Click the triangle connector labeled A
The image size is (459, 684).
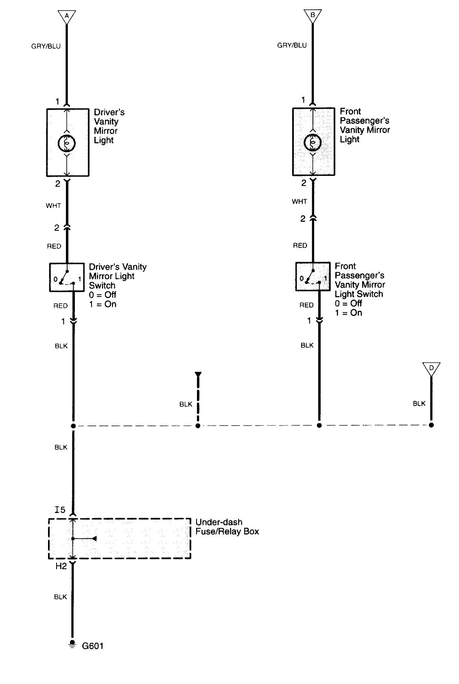click(67, 16)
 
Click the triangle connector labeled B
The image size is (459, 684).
click(313, 15)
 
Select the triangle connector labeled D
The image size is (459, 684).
click(431, 368)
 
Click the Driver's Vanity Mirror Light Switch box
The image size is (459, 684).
click(66, 277)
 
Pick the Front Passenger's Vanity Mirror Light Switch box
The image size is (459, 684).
click(313, 276)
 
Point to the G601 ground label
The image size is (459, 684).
click(93, 646)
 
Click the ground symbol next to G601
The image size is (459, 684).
click(73, 644)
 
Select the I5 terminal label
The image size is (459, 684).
click(60, 510)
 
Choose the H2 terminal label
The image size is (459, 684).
click(61, 566)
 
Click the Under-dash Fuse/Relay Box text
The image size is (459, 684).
click(227, 527)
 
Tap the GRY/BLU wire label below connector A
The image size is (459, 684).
click(46, 46)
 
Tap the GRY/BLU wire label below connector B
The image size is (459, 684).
click(292, 46)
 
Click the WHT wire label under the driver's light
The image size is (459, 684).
click(53, 206)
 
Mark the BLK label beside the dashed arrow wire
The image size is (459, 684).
click(186, 404)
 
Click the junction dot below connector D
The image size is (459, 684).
click(431, 425)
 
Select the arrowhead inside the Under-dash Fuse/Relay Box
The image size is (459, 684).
click(94, 539)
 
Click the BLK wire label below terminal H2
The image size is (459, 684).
click(60, 597)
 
